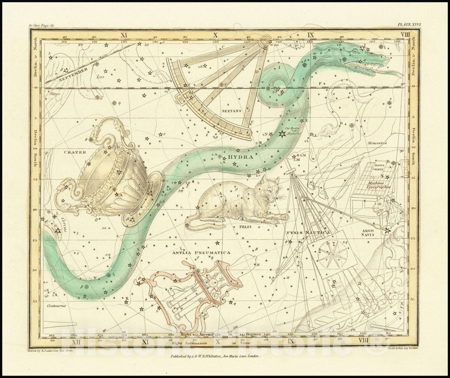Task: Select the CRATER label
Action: coord(75,152)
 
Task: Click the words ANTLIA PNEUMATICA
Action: coord(201,253)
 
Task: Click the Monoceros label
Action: coord(377,143)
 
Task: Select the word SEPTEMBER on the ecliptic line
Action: coord(73,74)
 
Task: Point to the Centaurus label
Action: coord(57,305)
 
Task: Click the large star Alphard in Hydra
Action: coord(282,133)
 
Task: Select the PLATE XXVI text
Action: coord(409,25)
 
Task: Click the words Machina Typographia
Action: coord(378,185)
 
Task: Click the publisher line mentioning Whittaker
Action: coord(215,356)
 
